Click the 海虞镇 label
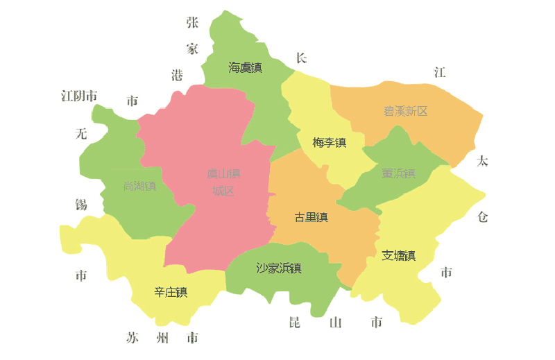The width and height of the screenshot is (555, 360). tap(245, 67)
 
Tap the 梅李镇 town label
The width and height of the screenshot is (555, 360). tap(329, 143)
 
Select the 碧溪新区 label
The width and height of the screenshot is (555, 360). tap(405, 111)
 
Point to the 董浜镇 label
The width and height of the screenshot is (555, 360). tap(398, 173)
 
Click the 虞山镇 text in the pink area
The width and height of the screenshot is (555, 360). tap(223, 173)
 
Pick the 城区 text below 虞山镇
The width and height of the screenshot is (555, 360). tap(223, 191)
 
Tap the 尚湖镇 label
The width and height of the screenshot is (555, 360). tap(139, 186)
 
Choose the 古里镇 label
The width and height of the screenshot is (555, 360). tap(311, 217)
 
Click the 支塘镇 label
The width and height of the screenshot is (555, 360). tap(398, 255)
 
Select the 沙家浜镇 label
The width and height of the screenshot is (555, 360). tap(279, 268)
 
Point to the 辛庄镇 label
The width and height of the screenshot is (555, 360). tap(171, 292)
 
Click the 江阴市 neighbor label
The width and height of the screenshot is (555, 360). tap(79, 96)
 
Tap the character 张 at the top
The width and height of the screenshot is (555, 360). tap(192, 22)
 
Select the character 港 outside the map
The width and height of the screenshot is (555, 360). tap(178, 75)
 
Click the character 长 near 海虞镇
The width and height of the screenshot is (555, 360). tap(301, 58)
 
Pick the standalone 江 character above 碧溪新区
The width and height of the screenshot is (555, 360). tap(439, 72)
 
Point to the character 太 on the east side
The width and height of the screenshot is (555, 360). tap(482, 162)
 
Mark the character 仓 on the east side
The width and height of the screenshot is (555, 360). tap(483, 216)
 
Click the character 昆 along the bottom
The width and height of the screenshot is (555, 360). tap(294, 323)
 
